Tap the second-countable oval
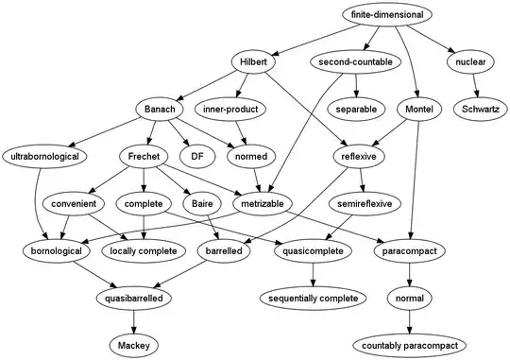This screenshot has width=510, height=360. pos(350,62)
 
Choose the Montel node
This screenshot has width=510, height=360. pos(417,110)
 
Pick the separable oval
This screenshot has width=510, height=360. pos(354,110)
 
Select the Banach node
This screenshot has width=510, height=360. pos(161,110)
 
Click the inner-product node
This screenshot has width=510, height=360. pos(241,110)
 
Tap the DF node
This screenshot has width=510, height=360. pos(197,156)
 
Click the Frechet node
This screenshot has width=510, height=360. pos(143,156)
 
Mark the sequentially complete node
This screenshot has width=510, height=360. pos(313,298)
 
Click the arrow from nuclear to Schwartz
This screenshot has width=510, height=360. pos(475,86)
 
